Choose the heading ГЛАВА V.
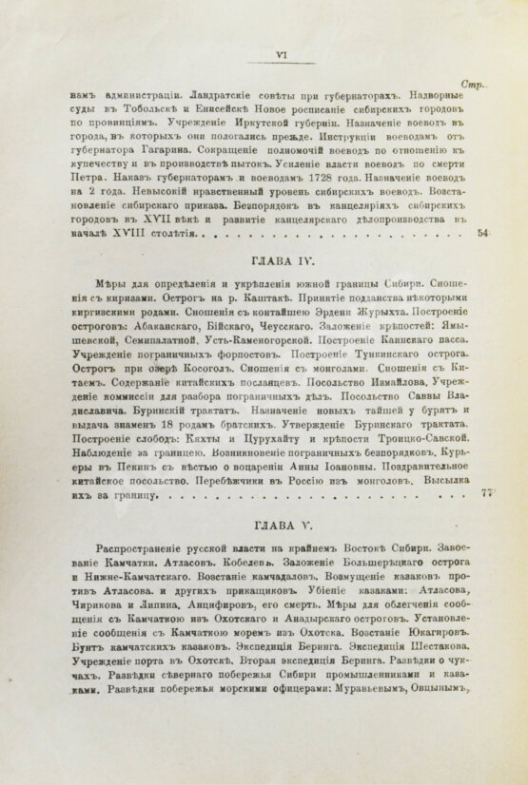click(277, 523)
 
